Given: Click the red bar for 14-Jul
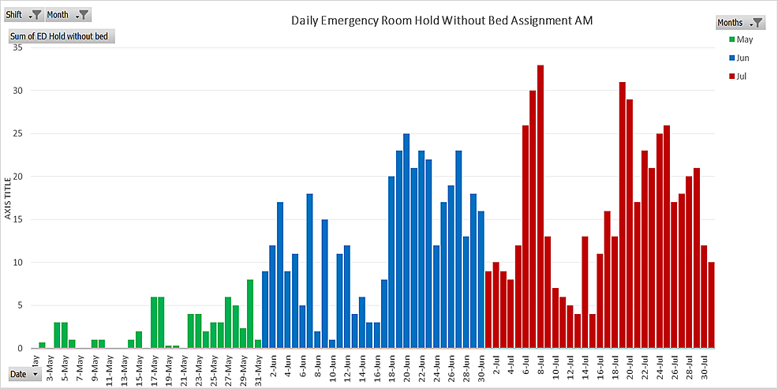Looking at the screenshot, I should [x=585, y=292].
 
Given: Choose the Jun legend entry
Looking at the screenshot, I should [x=742, y=58].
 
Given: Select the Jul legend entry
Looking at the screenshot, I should [x=741, y=77].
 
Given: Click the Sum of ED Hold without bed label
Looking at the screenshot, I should [x=59, y=36].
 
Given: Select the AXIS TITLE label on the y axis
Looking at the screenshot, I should [x=9, y=197].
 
